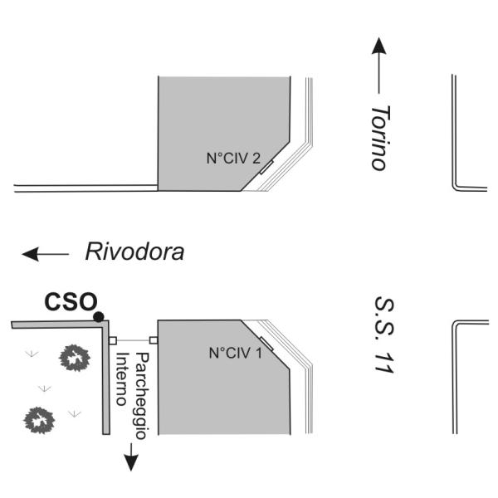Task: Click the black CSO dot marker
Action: [99, 316]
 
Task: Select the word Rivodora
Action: [134, 251]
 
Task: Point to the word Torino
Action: [379, 137]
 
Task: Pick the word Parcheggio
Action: [141, 395]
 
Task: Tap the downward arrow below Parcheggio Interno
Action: [129, 456]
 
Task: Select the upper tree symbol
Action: [75, 359]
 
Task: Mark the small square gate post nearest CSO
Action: [113, 340]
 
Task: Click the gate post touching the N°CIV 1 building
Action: [153, 339]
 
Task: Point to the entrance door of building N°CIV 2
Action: [266, 168]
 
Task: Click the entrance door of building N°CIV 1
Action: [266, 343]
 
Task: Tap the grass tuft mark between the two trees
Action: [44, 388]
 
